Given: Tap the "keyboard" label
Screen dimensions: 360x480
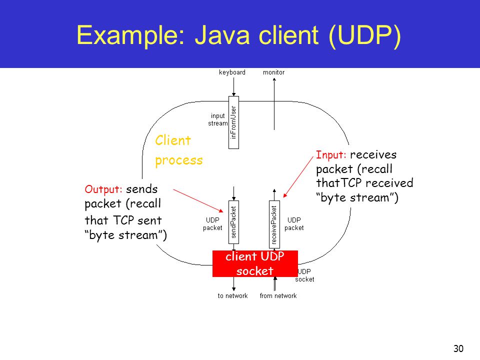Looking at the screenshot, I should [232, 72].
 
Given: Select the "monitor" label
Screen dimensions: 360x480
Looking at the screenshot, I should [273, 72].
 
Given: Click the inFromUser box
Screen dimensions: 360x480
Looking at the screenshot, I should [233, 122].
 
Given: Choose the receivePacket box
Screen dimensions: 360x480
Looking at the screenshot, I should [274, 224].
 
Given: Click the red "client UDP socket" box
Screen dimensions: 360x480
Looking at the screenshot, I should [255, 263].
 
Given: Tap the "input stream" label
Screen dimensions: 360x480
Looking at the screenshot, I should [217, 119].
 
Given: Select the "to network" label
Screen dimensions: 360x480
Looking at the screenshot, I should [232, 296].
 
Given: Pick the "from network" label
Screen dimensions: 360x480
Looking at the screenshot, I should [278, 296].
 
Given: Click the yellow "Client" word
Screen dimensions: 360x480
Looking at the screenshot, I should [173, 140].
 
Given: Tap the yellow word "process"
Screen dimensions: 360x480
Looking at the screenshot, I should [179, 160].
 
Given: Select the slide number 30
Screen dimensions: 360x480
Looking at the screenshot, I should [457, 348].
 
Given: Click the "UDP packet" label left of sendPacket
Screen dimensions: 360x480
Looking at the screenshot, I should [212, 223].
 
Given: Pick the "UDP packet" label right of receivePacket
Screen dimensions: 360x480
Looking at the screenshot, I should [294, 223].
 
